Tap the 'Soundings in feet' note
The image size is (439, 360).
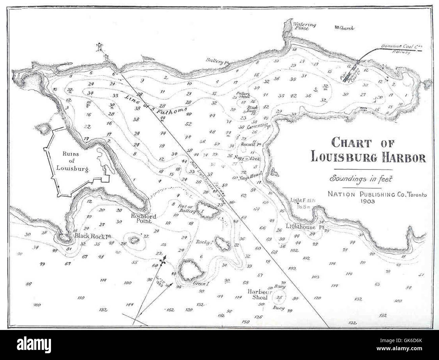(x=362, y=178)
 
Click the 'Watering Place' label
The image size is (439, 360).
(x=304, y=26)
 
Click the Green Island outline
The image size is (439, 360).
(x=190, y=270)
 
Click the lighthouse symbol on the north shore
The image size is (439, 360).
(x=100, y=47)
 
